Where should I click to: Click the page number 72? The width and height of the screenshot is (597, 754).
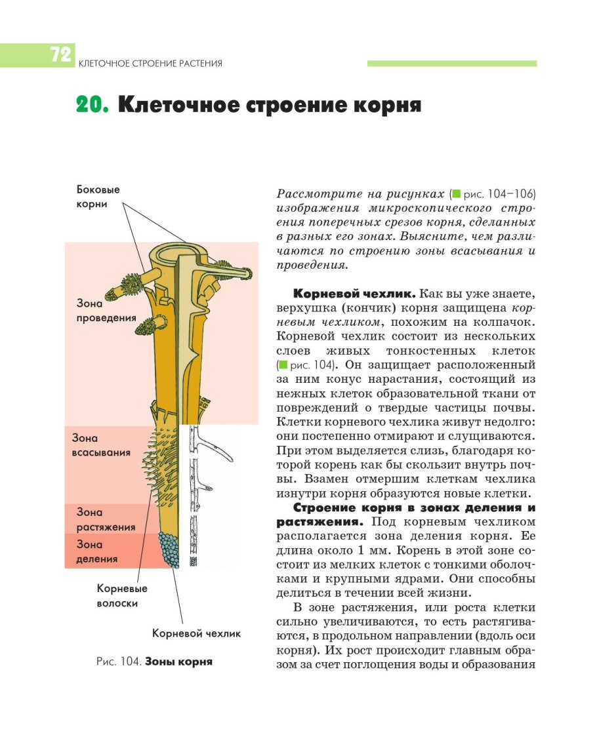(x=60, y=55)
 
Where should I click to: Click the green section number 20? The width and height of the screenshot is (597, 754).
(x=91, y=105)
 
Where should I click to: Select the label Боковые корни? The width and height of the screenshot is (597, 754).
(x=98, y=196)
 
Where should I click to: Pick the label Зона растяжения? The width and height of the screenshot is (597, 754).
(x=106, y=519)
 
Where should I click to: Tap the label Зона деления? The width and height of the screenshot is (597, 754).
(x=97, y=551)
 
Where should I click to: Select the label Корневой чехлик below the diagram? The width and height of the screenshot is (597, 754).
(x=196, y=633)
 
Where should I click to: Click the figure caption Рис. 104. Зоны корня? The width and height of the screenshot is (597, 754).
(x=154, y=662)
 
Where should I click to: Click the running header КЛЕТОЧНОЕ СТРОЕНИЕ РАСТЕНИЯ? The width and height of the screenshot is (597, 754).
(x=150, y=64)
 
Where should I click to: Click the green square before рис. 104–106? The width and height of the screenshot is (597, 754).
(x=457, y=195)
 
